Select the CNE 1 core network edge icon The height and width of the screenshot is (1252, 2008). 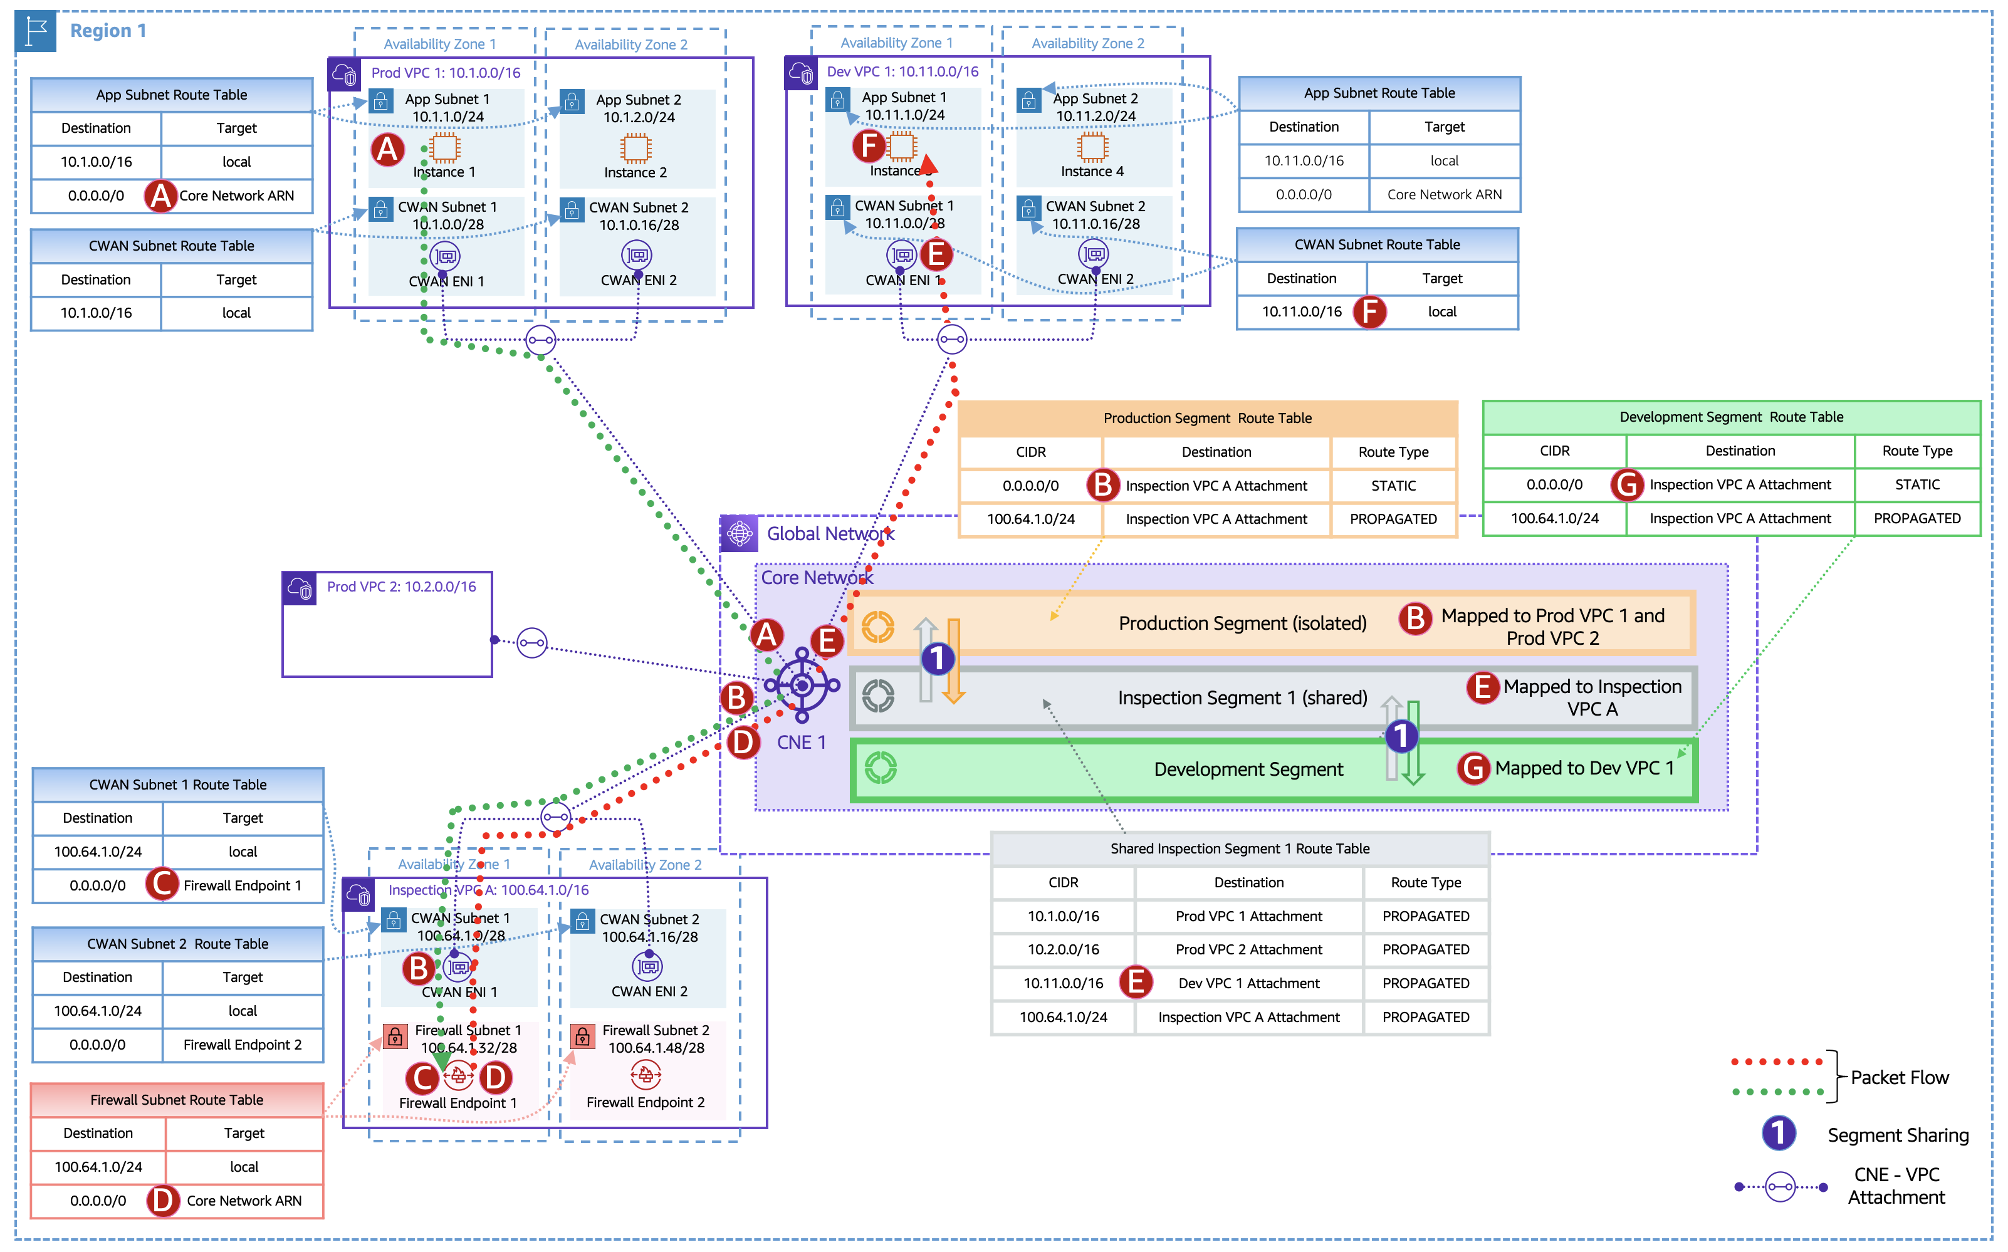802,685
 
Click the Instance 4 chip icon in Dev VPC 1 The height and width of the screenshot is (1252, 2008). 1092,147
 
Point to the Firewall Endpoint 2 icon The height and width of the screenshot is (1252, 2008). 646,1076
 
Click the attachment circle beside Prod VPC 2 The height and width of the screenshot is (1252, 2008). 531,642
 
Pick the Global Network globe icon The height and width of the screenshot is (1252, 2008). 740,533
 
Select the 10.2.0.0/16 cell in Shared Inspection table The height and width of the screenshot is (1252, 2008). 1063,950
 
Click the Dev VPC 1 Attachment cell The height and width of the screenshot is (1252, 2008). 1248,984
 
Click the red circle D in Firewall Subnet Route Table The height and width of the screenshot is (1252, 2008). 163,1201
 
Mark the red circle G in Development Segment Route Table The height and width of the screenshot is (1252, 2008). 1627,484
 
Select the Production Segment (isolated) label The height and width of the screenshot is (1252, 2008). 1242,623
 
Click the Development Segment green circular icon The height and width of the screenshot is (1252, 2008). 879,768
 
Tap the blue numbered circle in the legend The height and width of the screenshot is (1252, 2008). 1779,1134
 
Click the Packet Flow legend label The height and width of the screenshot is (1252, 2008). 1900,1077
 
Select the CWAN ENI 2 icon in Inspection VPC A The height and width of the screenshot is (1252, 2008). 647,966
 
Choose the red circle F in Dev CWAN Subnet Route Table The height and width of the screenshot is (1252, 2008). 1369,312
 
